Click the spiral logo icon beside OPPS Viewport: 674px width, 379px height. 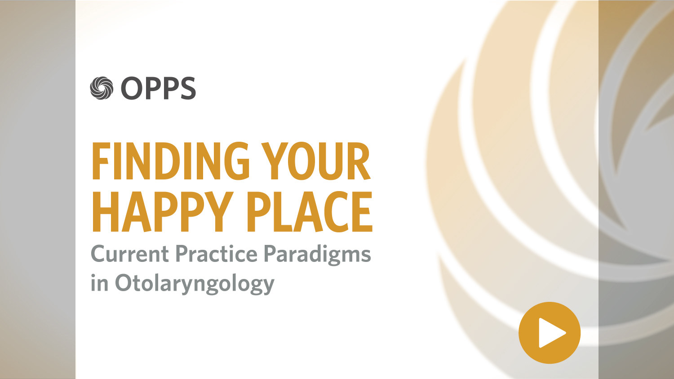pyautogui.click(x=102, y=88)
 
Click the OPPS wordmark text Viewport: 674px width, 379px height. pyautogui.click(x=158, y=88)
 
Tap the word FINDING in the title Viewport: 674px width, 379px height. pyautogui.click(x=171, y=161)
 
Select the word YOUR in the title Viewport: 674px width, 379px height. pyautogui.click(x=316, y=161)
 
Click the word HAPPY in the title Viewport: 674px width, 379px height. pyautogui.click(x=163, y=212)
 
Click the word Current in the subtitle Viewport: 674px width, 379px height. pyautogui.click(x=130, y=254)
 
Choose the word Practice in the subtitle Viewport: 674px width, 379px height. pyautogui.click(x=216, y=254)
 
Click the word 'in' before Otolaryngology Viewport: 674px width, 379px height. pyautogui.click(x=99, y=283)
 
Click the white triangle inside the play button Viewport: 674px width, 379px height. pyautogui.click(x=550, y=333)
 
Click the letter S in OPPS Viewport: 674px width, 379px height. pyautogui.click(x=187, y=88)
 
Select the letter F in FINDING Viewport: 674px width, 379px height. pyautogui.click(x=101, y=161)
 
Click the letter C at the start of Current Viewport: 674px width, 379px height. pyautogui.click(x=99, y=254)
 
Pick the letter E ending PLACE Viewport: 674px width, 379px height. pyautogui.click(x=362, y=212)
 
